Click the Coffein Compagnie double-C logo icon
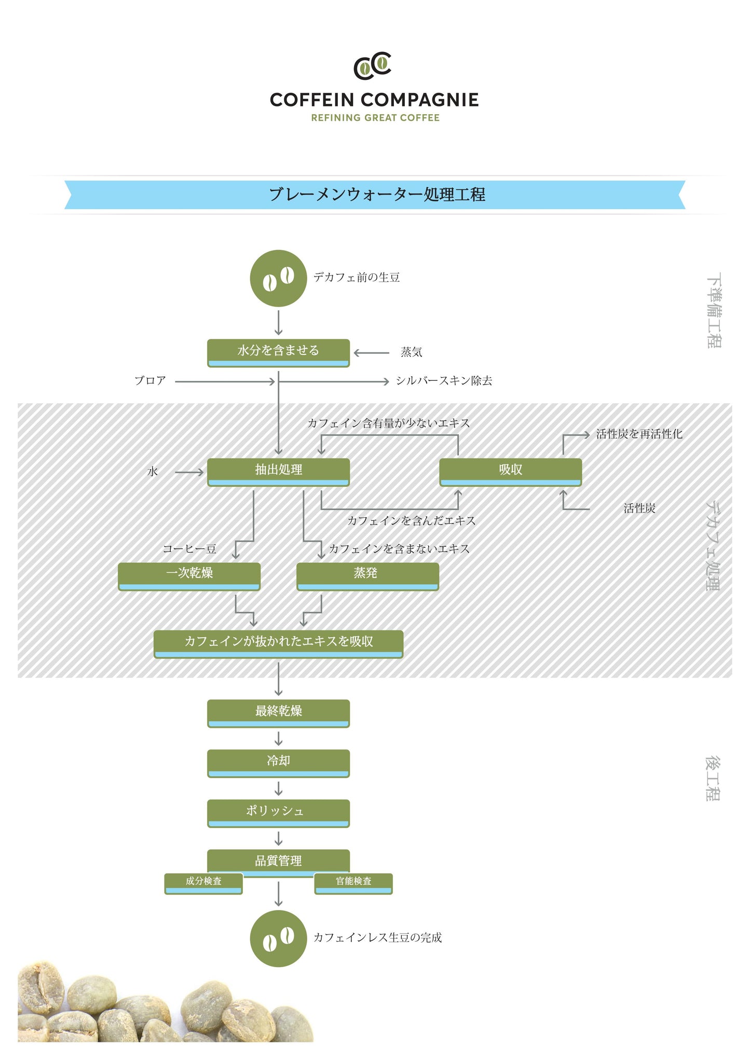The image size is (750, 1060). pyautogui.click(x=372, y=66)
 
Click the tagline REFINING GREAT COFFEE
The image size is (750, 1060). pyautogui.click(x=375, y=118)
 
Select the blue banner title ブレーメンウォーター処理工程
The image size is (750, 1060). pyautogui.click(x=376, y=195)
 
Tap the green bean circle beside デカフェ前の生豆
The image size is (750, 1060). pyautogui.click(x=278, y=278)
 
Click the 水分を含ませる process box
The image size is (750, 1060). pyautogui.click(x=278, y=352)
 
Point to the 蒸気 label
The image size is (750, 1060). pyautogui.click(x=411, y=352)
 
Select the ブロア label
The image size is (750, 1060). pyautogui.click(x=150, y=381)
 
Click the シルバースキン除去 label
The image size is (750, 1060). pyautogui.click(x=444, y=381)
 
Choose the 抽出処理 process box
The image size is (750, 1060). pyautogui.click(x=278, y=471)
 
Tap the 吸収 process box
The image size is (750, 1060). pyautogui.click(x=510, y=471)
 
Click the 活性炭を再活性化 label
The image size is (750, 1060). pyautogui.click(x=639, y=434)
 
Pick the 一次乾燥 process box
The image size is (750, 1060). pyautogui.click(x=189, y=575)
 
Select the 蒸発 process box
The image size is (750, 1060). pyautogui.click(x=367, y=575)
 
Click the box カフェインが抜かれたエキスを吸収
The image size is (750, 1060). pyautogui.click(x=278, y=643)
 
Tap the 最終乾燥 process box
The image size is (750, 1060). pyautogui.click(x=278, y=713)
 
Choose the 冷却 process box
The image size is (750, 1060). pyautogui.click(x=278, y=763)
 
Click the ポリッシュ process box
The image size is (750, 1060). pyautogui.click(x=278, y=813)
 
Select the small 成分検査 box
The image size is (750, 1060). pyautogui.click(x=203, y=883)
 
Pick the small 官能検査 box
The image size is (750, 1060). pyautogui.click(x=353, y=883)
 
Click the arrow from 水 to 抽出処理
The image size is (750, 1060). pyautogui.click(x=189, y=472)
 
